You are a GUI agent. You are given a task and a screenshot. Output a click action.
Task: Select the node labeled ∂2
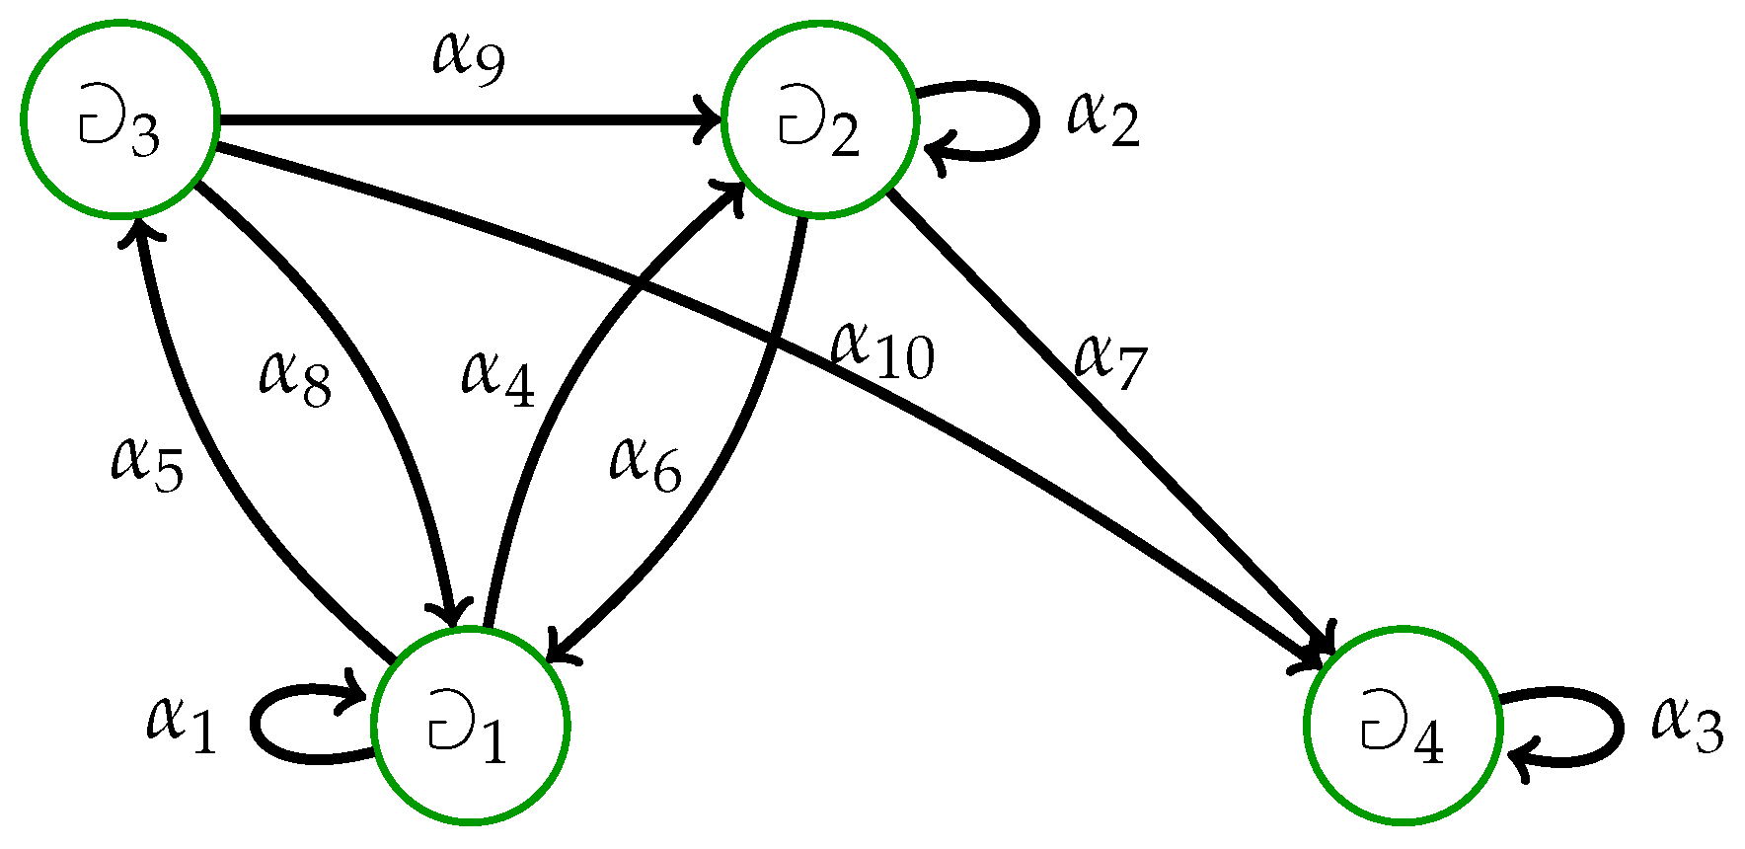pos(819,120)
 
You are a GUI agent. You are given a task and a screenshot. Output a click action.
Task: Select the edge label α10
pos(881,352)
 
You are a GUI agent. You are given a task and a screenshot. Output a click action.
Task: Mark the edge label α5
pos(146,464)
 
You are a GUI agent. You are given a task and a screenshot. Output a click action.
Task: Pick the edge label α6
pos(645,464)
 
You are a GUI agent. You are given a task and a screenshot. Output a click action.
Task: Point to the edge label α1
pos(181,724)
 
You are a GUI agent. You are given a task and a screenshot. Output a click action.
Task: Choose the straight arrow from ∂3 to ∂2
pos(469,120)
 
